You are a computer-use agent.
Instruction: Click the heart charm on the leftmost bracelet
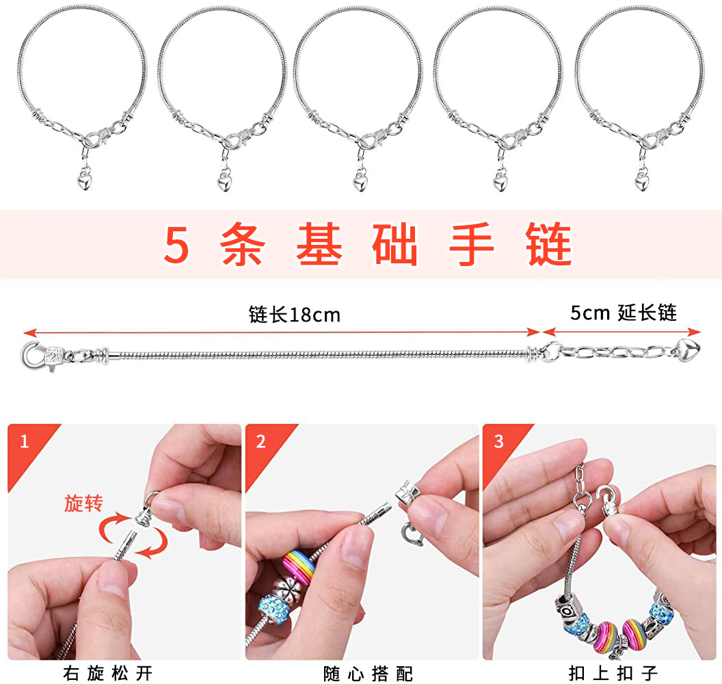[x=85, y=179]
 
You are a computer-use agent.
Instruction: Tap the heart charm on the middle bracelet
[x=360, y=180]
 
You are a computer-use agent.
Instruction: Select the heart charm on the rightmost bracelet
[x=642, y=180]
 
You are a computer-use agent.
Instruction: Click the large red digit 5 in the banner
[x=176, y=245]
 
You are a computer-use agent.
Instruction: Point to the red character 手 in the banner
[x=472, y=244]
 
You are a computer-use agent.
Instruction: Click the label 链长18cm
[x=295, y=315]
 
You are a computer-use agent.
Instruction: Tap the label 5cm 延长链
[x=624, y=313]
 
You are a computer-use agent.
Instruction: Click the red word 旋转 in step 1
[x=83, y=503]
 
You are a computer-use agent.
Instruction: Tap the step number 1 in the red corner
[x=25, y=442]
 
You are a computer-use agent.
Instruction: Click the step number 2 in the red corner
[x=260, y=442]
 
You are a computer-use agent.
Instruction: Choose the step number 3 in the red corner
[x=498, y=442]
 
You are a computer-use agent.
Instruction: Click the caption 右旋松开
[x=108, y=674]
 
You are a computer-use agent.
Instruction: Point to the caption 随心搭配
[x=368, y=674]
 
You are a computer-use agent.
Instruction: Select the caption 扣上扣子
[x=613, y=674]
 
